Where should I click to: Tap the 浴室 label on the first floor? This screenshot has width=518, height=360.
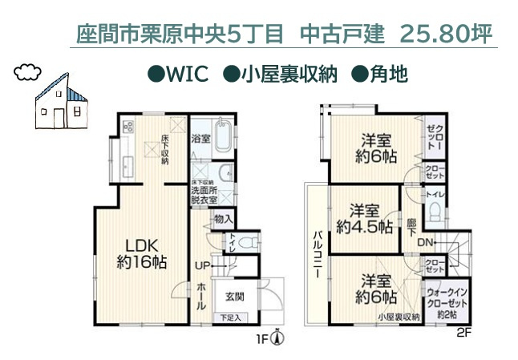pos(200,139)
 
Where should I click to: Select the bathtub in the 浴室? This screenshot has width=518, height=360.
pos(223,136)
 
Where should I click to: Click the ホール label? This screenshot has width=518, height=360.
pos(201,295)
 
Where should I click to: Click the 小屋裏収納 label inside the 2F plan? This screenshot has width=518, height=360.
pos(399,318)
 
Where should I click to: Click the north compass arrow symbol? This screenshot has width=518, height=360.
pos(276,338)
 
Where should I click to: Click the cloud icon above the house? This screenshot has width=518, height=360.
pos(28,71)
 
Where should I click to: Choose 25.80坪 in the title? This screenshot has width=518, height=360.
pos(445,34)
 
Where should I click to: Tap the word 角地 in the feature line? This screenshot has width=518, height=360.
pos(389,75)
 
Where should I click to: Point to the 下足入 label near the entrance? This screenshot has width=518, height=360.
pos(231,318)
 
